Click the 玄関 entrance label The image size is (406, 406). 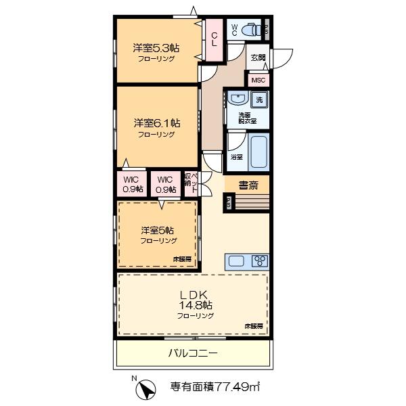[258, 59]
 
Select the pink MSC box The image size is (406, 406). [258, 80]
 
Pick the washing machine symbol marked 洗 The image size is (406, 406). [259, 101]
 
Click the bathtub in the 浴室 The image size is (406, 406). [258, 152]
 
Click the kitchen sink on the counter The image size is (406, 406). [238, 261]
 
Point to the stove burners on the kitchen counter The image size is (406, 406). [260, 261]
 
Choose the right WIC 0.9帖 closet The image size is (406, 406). [164, 184]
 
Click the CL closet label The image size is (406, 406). [213, 39]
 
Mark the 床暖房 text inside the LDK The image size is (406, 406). [254, 326]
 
